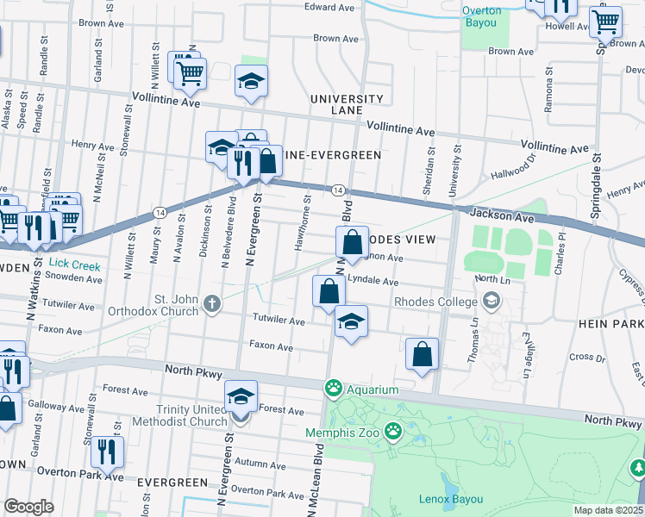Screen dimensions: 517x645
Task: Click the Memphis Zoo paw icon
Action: [x=394, y=429]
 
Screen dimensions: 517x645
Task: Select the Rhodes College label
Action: [x=435, y=302]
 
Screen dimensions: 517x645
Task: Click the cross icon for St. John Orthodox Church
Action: [x=212, y=302]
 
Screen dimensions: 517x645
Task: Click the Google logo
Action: [x=28, y=506]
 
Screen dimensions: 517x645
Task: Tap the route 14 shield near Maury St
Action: [x=160, y=212]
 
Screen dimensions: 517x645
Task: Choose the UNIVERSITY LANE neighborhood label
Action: [x=348, y=105]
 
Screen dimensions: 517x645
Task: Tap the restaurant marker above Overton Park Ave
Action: [x=107, y=451]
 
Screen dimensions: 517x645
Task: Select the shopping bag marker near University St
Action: [x=422, y=353]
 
